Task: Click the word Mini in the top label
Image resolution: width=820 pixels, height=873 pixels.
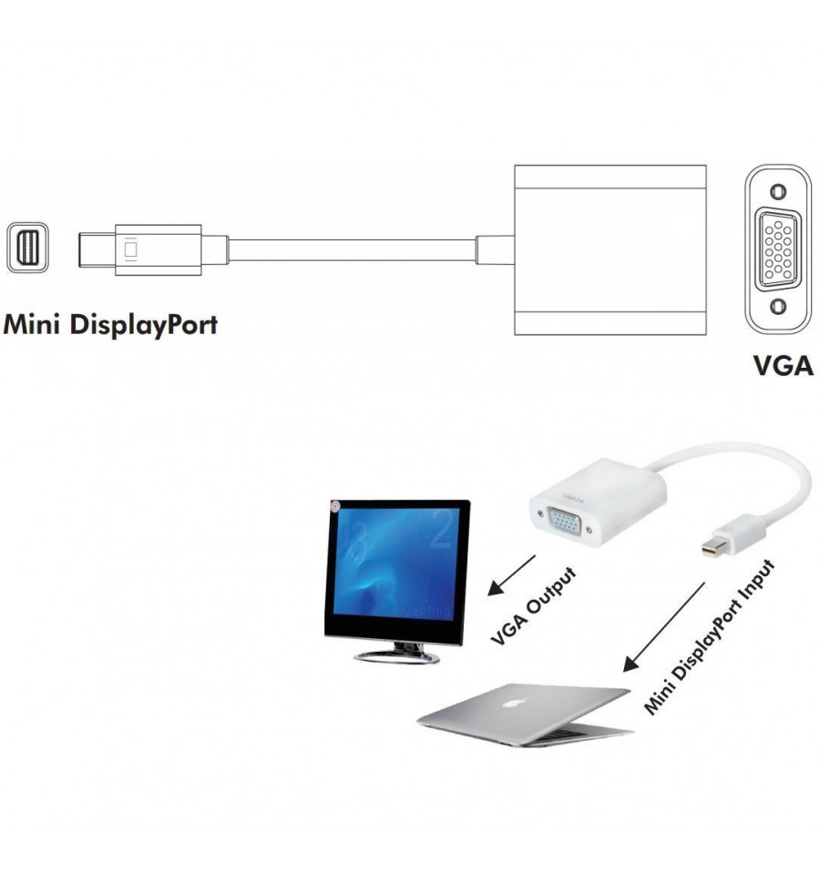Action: pyautogui.click(x=31, y=324)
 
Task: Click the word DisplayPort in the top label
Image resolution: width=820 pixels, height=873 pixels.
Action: pyautogui.click(x=144, y=326)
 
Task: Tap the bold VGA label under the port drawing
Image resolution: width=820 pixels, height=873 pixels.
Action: pyautogui.click(x=783, y=366)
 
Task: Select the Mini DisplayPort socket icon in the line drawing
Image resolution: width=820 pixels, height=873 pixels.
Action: pyautogui.click(x=27, y=248)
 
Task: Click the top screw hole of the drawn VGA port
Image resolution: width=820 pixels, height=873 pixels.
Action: pyautogui.click(x=778, y=191)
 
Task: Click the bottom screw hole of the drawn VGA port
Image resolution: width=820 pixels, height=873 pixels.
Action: pyautogui.click(x=778, y=306)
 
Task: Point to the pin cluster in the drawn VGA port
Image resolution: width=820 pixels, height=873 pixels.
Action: pyautogui.click(x=778, y=249)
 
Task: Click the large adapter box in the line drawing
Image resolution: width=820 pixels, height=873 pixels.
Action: pyautogui.click(x=610, y=250)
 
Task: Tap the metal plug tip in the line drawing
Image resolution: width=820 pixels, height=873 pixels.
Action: pyautogui.click(x=97, y=250)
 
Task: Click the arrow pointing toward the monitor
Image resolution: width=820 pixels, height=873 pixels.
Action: pyautogui.click(x=511, y=575)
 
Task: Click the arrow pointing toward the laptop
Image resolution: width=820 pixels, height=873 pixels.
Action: pyautogui.click(x=663, y=627)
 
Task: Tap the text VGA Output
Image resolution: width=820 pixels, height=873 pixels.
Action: pyautogui.click(x=533, y=606)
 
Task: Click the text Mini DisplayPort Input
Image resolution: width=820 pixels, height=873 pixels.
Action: pyautogui.click(x=709, y=637)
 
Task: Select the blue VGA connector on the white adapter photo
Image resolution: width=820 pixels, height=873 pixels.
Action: pyautogui.click(x=565, y=523)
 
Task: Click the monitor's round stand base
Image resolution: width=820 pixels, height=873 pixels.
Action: pyautogui.click(x=396, y=657)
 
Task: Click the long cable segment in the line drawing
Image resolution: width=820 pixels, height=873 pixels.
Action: pyautogui.click(x=352, y=250)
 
